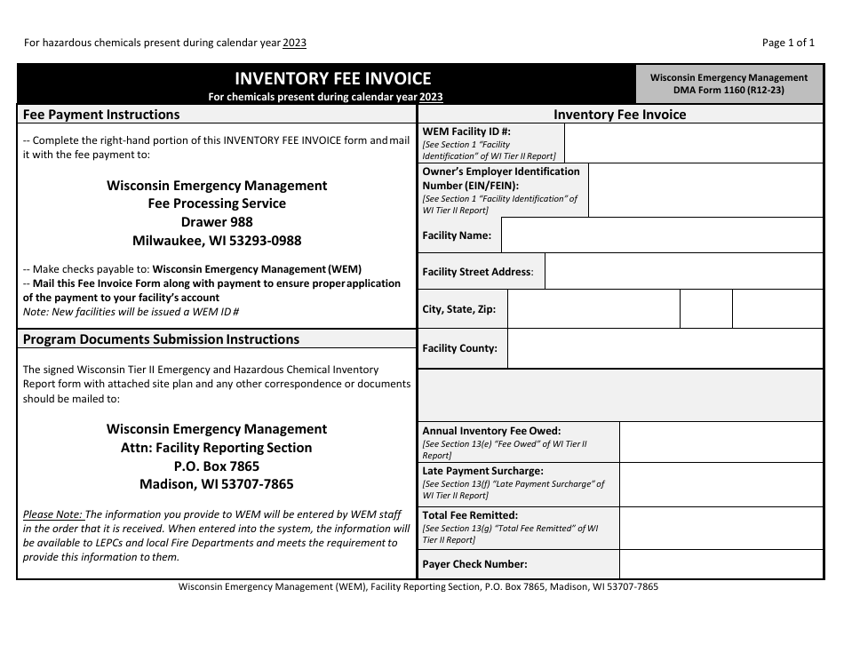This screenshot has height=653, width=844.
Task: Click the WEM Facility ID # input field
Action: [693, 143]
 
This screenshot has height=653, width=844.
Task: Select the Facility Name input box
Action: [662, 235]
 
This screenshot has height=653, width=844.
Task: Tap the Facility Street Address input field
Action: [683, 272]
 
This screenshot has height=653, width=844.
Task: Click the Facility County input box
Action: [665, 348]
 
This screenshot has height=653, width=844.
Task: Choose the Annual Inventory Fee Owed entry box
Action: [721, 442]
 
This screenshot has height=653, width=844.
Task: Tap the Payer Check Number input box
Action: [721, 564]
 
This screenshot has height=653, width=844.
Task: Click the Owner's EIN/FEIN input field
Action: [705, 190]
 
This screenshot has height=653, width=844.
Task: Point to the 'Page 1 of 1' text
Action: [788, 43]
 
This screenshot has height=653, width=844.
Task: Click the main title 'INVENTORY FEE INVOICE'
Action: [332, 79]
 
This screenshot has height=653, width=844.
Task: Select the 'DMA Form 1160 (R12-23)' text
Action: [729, 90]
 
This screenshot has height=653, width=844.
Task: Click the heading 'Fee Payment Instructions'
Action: [101, 115]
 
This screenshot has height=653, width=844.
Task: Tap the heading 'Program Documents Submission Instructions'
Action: [161, 339]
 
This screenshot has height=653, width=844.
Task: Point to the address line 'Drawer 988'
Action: [217, 222]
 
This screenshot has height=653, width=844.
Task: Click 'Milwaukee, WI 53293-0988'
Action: [217, 241]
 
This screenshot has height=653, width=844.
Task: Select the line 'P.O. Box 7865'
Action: [217, 466]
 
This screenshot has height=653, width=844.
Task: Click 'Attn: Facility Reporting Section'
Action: [217, 448]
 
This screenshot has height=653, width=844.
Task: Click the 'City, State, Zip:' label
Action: [459, 310]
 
